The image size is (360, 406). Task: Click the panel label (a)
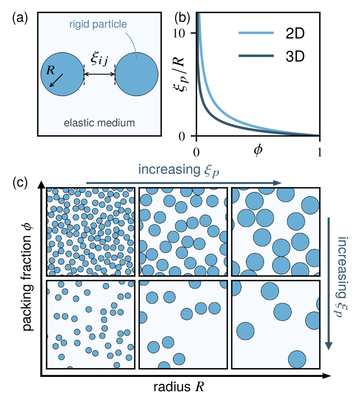pyautogui.click(x=20, y=19)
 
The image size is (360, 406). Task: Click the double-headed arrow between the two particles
pyautogui.click(x=99, y=74)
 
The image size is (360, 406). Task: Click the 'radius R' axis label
pyautogui.click(x=178, y=386)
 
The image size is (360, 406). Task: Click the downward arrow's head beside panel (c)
pyautogui.click(x=329, y=345)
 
